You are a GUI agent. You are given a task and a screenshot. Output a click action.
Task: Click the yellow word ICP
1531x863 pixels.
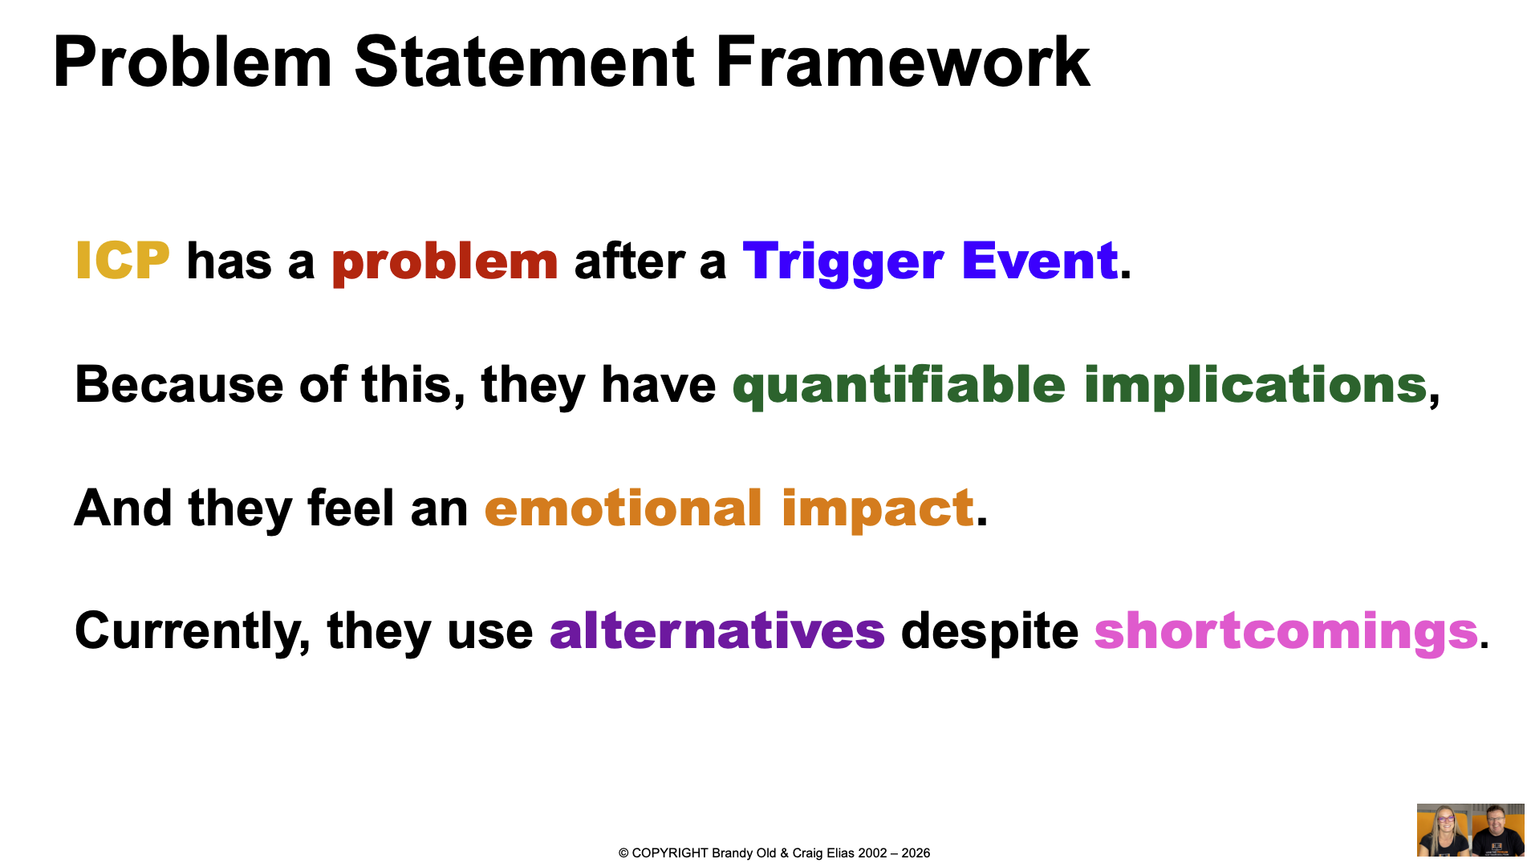tap(122, 261)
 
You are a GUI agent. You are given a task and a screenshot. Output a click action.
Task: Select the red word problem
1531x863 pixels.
tap(445, 264)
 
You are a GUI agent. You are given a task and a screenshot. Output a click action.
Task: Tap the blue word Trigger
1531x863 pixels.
tap(843, 264)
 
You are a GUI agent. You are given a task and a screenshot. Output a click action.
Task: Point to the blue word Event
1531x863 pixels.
tap(1039, 261)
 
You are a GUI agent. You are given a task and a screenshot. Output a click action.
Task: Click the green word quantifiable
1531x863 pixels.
tap(899, 387)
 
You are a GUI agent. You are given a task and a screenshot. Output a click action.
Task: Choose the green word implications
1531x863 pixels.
tap(1256, 387)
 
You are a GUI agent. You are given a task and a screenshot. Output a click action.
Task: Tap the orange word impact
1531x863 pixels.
tap(878, 510)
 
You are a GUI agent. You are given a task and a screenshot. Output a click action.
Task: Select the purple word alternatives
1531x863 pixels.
tap(717, 630)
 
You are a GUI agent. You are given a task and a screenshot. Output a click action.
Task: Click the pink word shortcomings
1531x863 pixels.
tap(1285, 633)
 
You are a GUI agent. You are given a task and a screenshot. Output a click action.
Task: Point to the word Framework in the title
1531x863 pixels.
tap(902, 62)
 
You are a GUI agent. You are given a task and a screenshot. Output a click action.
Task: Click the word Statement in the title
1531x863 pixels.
tap(524, 62)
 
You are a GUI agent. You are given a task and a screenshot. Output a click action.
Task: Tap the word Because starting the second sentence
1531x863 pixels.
tap(179, 384)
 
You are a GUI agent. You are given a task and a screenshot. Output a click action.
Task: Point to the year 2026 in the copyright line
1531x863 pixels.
tap(916, 853)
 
